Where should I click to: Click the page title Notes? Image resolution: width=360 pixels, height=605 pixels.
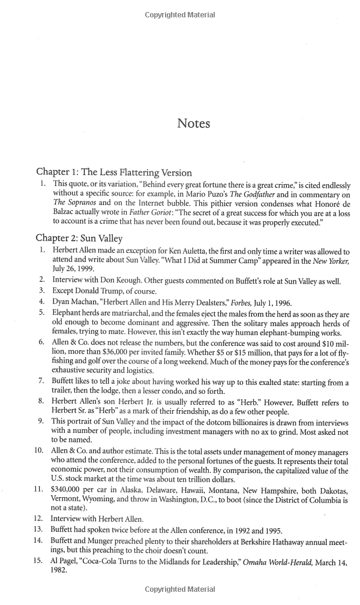[193, 124]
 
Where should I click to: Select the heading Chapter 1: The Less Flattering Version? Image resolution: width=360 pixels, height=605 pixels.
[114, 173]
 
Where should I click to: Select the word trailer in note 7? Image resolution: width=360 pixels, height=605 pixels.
[66, 392]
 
